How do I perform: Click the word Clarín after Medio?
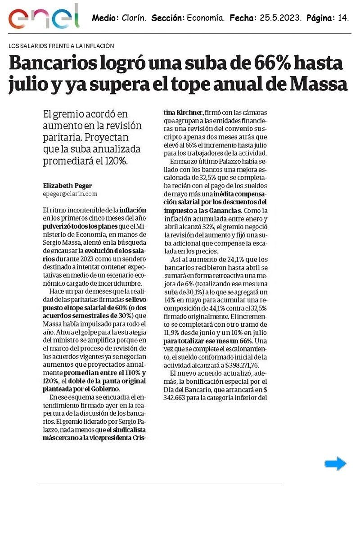click(x=134, y=18)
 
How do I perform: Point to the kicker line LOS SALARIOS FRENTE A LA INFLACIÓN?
click(x=61, y=46)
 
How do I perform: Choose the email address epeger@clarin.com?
click(x=70, y=194)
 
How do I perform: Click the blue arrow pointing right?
click(x=336, y=463)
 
